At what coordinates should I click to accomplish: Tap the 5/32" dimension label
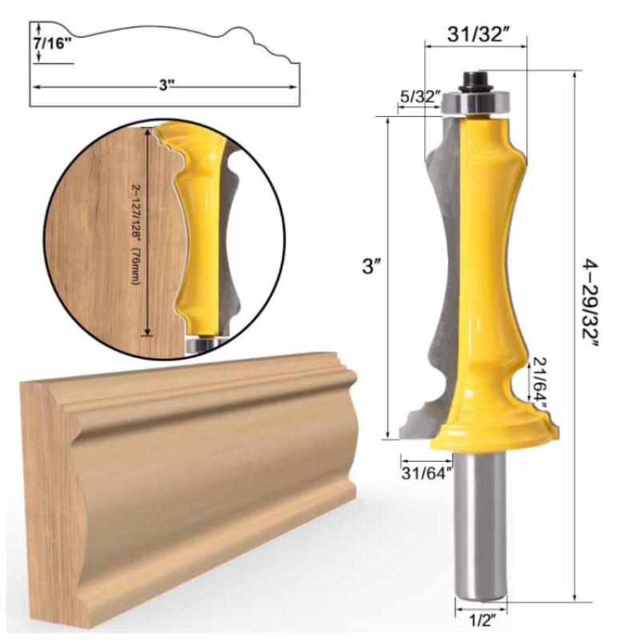pyautogui.click(x=420, y=97)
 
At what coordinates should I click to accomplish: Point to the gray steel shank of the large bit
pyautogui.click(x=478, y=528)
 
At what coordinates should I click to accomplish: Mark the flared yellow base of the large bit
pyautogui.click(x=488, y=432)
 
